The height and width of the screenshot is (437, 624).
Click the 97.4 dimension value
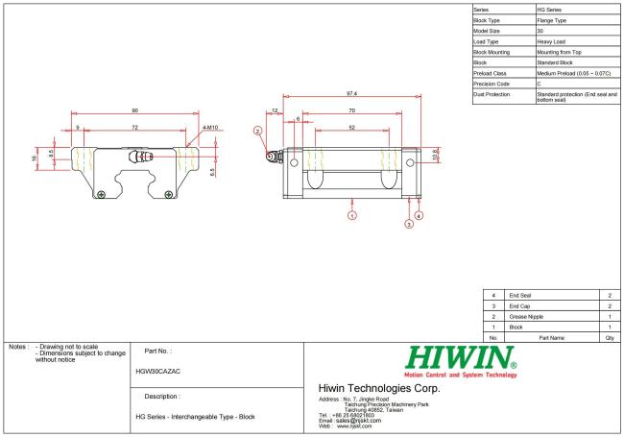pyautogui.click(x=351, y=93)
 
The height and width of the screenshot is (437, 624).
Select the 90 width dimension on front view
pyautogui.click(x=135, y=110)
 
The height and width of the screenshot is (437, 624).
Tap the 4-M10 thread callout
pyautogui.click(x=210, y=128)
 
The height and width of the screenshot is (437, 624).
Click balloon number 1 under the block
pyautogui.click(x=351, y=215)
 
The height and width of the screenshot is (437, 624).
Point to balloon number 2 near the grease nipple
pyautogui.click(x=257, y=131)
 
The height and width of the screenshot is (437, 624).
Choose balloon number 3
pyautogui.click(x=409, y=224)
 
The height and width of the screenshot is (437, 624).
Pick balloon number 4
pyautogui.click(x=419, y=215)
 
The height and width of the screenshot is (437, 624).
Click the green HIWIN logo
pyautogui.click(x=461, y=357)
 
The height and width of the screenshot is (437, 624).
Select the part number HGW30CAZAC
pyautogui.click(x=158, y=372)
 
